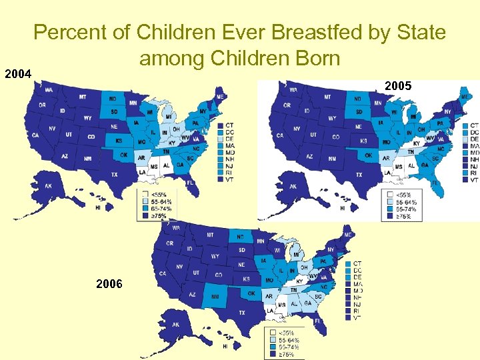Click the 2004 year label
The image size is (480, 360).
point(19,74)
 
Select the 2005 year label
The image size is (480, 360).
point(399,87)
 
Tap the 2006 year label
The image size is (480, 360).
point(109,284)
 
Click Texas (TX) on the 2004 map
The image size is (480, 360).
point(114,175)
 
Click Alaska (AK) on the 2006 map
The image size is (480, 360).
point(175,325)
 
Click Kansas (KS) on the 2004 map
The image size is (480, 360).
point(118,141)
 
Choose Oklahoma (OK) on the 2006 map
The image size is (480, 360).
point(251,293)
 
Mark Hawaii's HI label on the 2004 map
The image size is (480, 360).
point(98,207)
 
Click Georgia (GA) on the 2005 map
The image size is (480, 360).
point(424,165)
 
